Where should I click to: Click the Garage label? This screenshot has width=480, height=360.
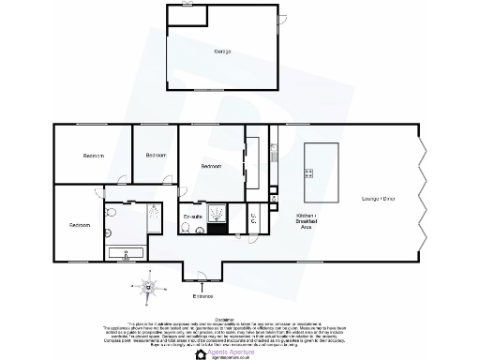222,51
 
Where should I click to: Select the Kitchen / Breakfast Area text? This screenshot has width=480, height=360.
305,221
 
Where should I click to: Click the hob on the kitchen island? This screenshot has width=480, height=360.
308,172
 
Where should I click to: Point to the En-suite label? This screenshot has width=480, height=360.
193,217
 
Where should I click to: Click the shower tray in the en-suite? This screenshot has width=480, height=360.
217,216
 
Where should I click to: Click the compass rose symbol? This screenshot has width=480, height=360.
148,286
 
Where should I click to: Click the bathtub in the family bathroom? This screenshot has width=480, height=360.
126,252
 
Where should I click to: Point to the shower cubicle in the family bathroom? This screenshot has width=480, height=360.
153,221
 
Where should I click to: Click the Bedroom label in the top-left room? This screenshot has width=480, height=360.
93,155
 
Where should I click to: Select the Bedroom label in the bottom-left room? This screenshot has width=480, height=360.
79,225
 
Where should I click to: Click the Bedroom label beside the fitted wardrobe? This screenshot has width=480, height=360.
211,166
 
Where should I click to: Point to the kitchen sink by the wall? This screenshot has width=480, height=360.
275,149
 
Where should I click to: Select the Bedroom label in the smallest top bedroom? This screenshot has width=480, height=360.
155,154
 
